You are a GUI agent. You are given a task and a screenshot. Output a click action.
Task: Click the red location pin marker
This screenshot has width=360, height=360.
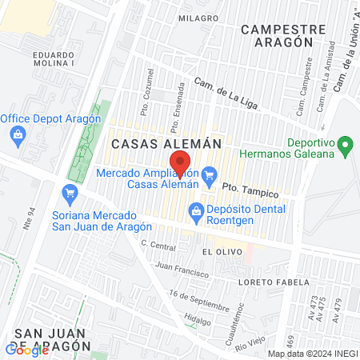(x=181, y=164)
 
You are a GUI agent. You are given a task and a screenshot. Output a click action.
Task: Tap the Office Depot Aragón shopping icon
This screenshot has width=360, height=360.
(x=18, y=134)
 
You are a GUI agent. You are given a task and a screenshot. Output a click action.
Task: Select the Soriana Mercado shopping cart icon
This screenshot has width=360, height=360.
(x=70, y=193)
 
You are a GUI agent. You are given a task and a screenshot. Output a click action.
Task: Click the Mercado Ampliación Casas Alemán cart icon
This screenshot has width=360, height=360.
(x=210, y=174)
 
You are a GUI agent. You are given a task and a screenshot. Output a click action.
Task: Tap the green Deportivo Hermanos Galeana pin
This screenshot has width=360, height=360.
(x=346, y=147)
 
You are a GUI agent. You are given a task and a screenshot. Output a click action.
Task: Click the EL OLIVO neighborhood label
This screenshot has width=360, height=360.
(x=218, y=251)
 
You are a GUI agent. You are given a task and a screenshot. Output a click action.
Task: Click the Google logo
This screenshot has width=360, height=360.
(x=27, y=349)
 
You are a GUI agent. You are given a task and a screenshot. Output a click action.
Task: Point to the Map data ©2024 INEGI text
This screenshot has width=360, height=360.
(x=311, y=354)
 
